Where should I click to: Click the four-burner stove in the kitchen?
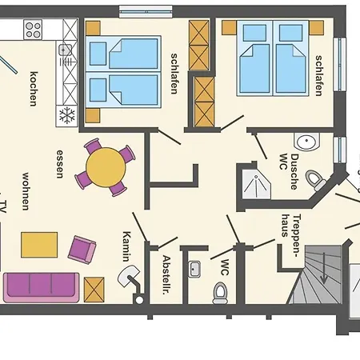point(33,30)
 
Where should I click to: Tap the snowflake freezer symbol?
point(67,115)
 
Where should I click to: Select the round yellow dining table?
point(106,167)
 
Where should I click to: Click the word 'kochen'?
point(34,89)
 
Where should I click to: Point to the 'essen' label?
point(60,164)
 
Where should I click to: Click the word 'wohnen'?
point(26,191)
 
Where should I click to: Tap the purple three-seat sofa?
point(42,288)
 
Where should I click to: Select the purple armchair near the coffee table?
point(82,250)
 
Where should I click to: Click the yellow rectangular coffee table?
point(39,245)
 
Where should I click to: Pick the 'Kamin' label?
point(127,246)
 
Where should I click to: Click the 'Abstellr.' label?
point(166,274)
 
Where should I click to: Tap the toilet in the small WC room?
point(220,294)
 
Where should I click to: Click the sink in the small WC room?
point(194,269)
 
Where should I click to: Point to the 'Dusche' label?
point(294,172)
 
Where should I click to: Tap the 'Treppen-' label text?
point(297,235)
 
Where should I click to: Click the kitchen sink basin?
point(65,50)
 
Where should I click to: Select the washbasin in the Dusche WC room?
point(306,142)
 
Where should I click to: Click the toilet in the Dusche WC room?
point(315,180)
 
